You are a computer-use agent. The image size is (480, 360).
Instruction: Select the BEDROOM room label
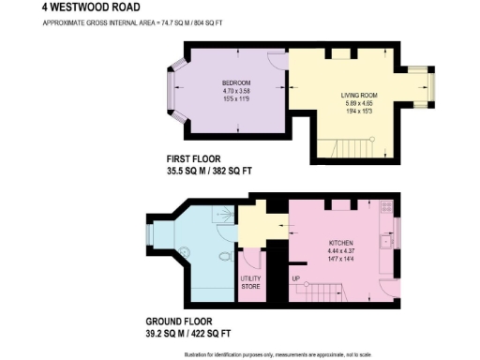tap(222, 82)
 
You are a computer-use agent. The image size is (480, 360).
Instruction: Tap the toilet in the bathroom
tap(225, 258)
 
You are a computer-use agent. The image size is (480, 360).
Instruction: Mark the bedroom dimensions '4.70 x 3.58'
tap(222, 91)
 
